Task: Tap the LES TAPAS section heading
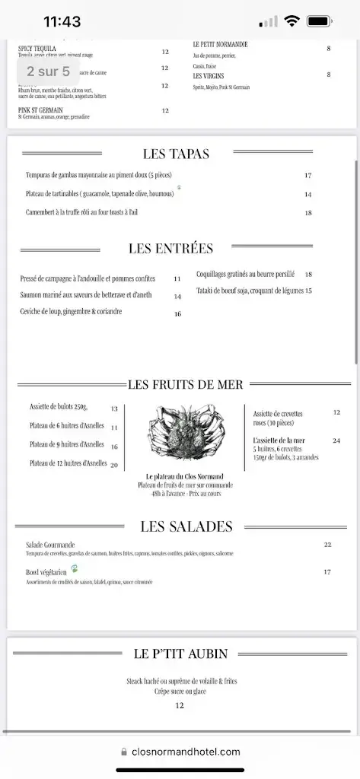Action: (176, 154)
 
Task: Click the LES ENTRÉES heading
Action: (170, 249)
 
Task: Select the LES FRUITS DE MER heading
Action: (186, 384)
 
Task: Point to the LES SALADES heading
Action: (186, 526)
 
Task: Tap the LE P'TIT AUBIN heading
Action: (180, 653)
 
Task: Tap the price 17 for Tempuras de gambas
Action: (308, 176)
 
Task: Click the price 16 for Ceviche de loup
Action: (177, 313)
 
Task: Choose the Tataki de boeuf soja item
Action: (250, 291)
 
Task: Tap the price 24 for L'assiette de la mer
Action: (336, 441)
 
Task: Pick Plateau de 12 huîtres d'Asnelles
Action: (68, 463)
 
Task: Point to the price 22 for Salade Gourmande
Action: (327, 545)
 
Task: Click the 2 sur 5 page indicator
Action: (48, 72)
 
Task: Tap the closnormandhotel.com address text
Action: (186, 752)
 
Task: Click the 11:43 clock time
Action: (62, 22)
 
